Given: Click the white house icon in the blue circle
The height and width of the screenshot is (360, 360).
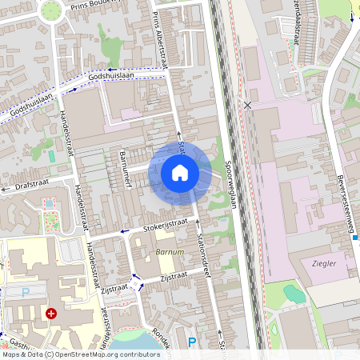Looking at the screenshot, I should [180, 172].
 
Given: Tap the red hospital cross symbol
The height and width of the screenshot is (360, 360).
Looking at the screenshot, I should [52, 314].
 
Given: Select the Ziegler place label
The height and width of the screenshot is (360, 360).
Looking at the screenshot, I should [323, 262].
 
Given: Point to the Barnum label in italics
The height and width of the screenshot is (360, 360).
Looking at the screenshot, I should [169, 252].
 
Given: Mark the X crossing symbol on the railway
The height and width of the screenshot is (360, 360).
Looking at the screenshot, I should [248, 105].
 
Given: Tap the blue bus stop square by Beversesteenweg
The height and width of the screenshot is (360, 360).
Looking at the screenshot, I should [355, 238].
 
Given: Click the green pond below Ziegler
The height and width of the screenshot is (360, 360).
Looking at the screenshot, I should [294, 294].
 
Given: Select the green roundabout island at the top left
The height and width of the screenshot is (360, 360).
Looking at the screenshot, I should [52, 10].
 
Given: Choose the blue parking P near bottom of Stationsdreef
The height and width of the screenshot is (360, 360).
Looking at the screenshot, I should [192, 342].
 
